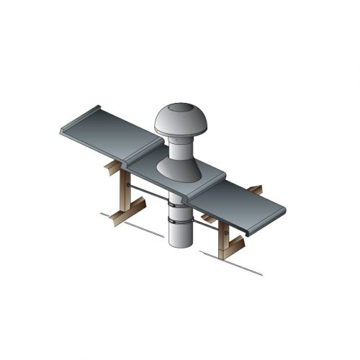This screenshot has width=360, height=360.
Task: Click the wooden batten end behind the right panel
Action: click(x=256, y=189)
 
